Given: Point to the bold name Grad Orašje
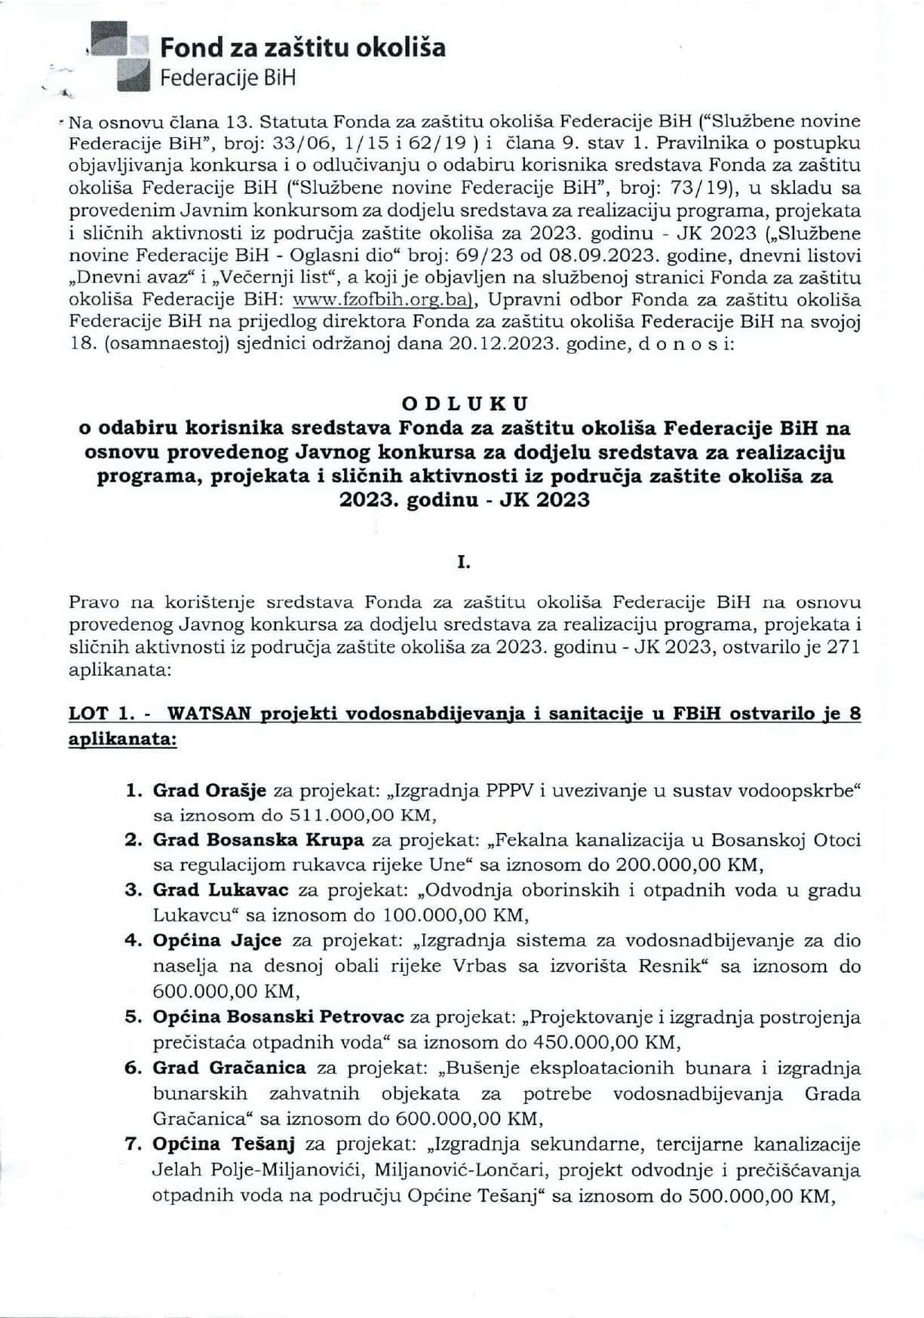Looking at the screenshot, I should (210, 790).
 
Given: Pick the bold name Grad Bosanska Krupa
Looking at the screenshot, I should (258, 840).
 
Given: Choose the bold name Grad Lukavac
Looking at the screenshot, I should (220, 890).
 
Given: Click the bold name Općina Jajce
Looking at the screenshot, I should (217, 940).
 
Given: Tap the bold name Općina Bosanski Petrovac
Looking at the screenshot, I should (278, 1017).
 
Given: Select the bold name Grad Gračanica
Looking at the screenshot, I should (229, 1068).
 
